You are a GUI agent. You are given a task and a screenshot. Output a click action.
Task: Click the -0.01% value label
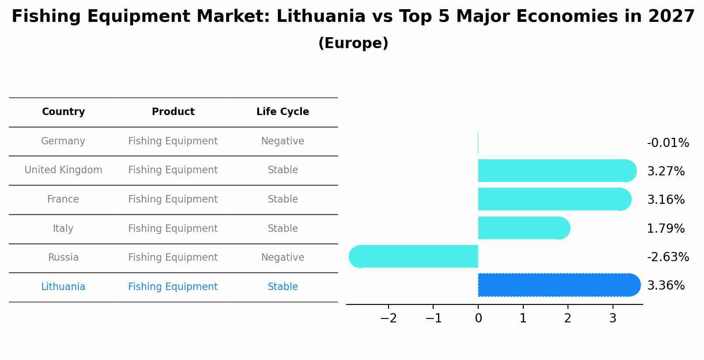pyautogui.click(x=668, y=143)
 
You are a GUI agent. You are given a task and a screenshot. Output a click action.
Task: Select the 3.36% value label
pyautogui.click(x=665, y=286)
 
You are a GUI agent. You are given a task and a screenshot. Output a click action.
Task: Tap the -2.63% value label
pyautogui.click(x=668, y=257)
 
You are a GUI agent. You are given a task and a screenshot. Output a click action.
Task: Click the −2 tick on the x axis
pyautogui.click(x=389, y=318)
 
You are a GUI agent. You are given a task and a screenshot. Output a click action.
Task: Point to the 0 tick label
pyautogui.click(x=478, y=318)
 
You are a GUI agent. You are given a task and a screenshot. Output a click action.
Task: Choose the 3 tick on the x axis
pyautogui.click(x=613, y=318)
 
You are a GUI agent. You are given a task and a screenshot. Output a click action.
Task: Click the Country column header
pyautogui.click(x=63, y=112)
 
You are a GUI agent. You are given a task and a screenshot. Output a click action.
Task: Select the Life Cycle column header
pyautogui.click(x=283, y=112)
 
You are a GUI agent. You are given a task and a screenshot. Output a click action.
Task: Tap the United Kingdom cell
pyautogui.click(x=63, y=170)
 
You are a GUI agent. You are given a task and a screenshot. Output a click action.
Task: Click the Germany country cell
pyautogui.click(x=63, y=141)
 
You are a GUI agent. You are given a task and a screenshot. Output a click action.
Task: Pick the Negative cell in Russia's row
pyautogui.click(x=283, y=258)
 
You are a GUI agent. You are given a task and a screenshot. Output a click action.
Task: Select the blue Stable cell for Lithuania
pyautogui.click(x=283, y=287)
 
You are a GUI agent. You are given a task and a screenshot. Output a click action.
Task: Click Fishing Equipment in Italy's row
pyautogui.click(x=173, y=229)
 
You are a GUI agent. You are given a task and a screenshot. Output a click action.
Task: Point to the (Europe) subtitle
pyautogui.click(x=353, y=43)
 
